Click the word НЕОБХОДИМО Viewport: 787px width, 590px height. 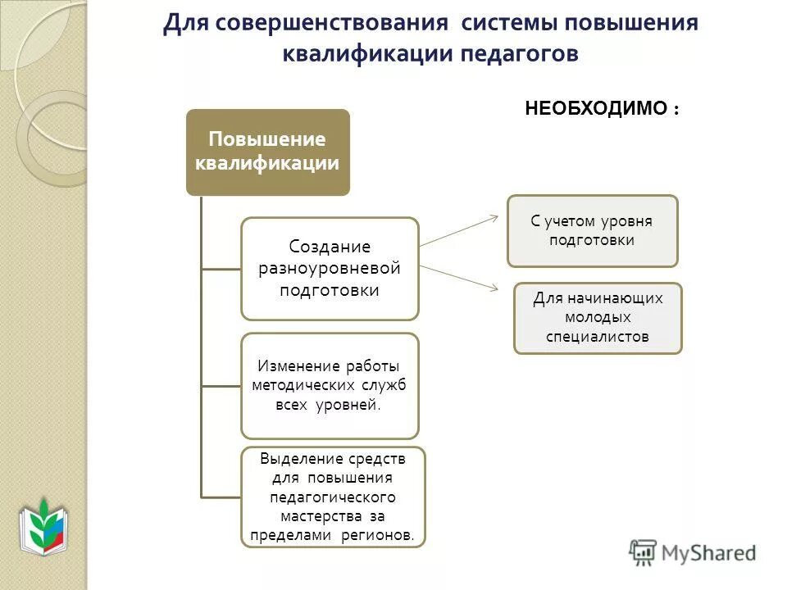595,109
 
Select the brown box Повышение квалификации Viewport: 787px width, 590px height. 267,152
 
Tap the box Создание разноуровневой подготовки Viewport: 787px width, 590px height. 330,269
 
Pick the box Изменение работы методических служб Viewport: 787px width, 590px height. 330,386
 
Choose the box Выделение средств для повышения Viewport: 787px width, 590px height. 333,497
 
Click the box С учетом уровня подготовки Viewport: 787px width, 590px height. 592,231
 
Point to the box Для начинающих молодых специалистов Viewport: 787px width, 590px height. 598,318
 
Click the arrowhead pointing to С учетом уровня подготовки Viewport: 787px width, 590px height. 494,217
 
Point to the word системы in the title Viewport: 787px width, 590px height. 506,23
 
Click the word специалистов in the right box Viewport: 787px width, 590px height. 598,336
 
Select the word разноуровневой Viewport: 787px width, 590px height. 330,268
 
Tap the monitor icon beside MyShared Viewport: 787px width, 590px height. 642,552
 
